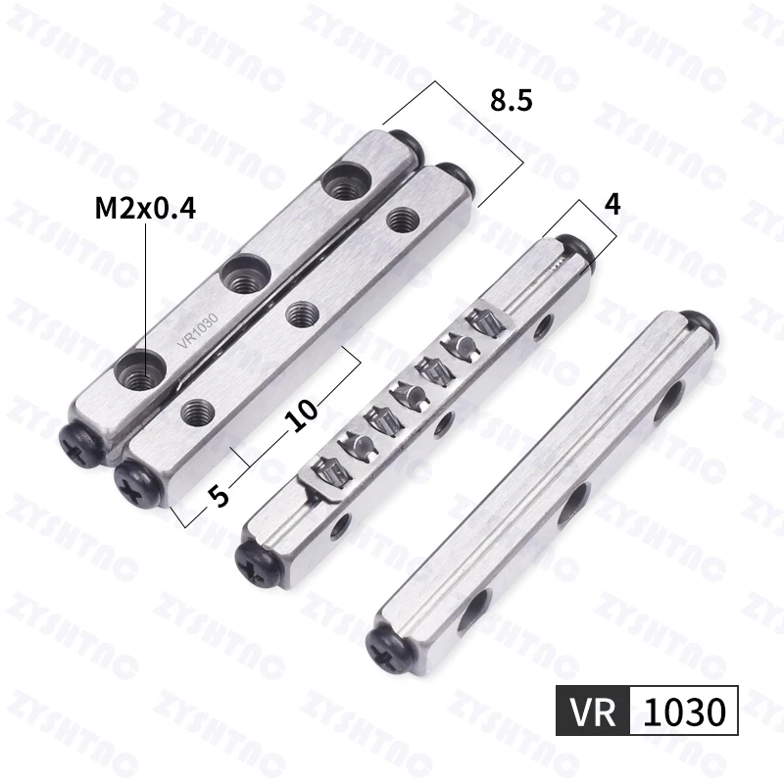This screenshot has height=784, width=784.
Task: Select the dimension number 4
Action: tap(612, 204)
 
